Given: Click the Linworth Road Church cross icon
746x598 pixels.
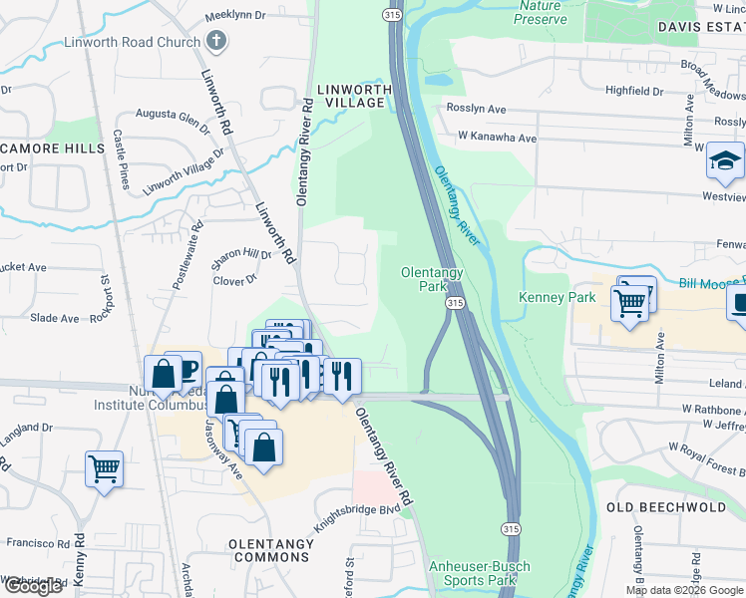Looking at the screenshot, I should tap(215, 41).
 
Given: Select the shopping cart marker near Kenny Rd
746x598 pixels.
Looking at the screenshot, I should tap(105, 467).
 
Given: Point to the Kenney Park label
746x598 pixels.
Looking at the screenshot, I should tap(557, 297).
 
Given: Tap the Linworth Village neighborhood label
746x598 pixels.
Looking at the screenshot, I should tap(354, 97).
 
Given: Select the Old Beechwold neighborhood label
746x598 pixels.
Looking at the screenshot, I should tap(666, 506).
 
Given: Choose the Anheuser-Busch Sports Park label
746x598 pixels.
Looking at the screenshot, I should tap(479, 573).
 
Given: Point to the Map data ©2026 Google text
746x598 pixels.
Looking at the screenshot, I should tap(684, 590).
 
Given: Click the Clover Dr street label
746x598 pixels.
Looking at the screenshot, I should tap(235, 281).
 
